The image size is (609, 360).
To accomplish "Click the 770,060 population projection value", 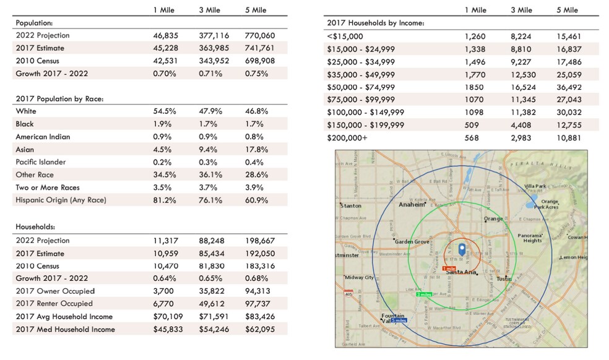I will pyautogui.click(x=259, y=35).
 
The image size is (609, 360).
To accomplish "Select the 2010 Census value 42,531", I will pyautogui.click(x=165, y=61).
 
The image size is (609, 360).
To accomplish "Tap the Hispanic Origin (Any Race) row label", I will pyautogui.click(x=61, y=200).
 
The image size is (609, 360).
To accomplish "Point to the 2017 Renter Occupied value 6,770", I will pyautogui.click(x=164, y=304).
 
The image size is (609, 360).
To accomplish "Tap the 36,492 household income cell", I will pyautogui.click(x=568, y=87).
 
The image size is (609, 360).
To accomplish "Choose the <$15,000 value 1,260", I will pyautogui.click(x=477, y=36).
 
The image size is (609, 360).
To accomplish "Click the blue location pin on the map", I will pyautogui.click(x=461, y=250).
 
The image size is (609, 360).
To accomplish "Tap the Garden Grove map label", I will pyautogui.click(x=412, y=242).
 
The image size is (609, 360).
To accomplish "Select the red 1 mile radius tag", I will pyautogui.click(x=449, y=268).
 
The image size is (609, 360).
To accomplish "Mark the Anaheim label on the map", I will pyautogui.click(x=413, y=204).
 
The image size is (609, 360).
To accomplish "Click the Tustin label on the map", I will pyautogui.click(x=504, y=279).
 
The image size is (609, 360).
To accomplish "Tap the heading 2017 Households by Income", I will pyautogui.click(x=375, y=23).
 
